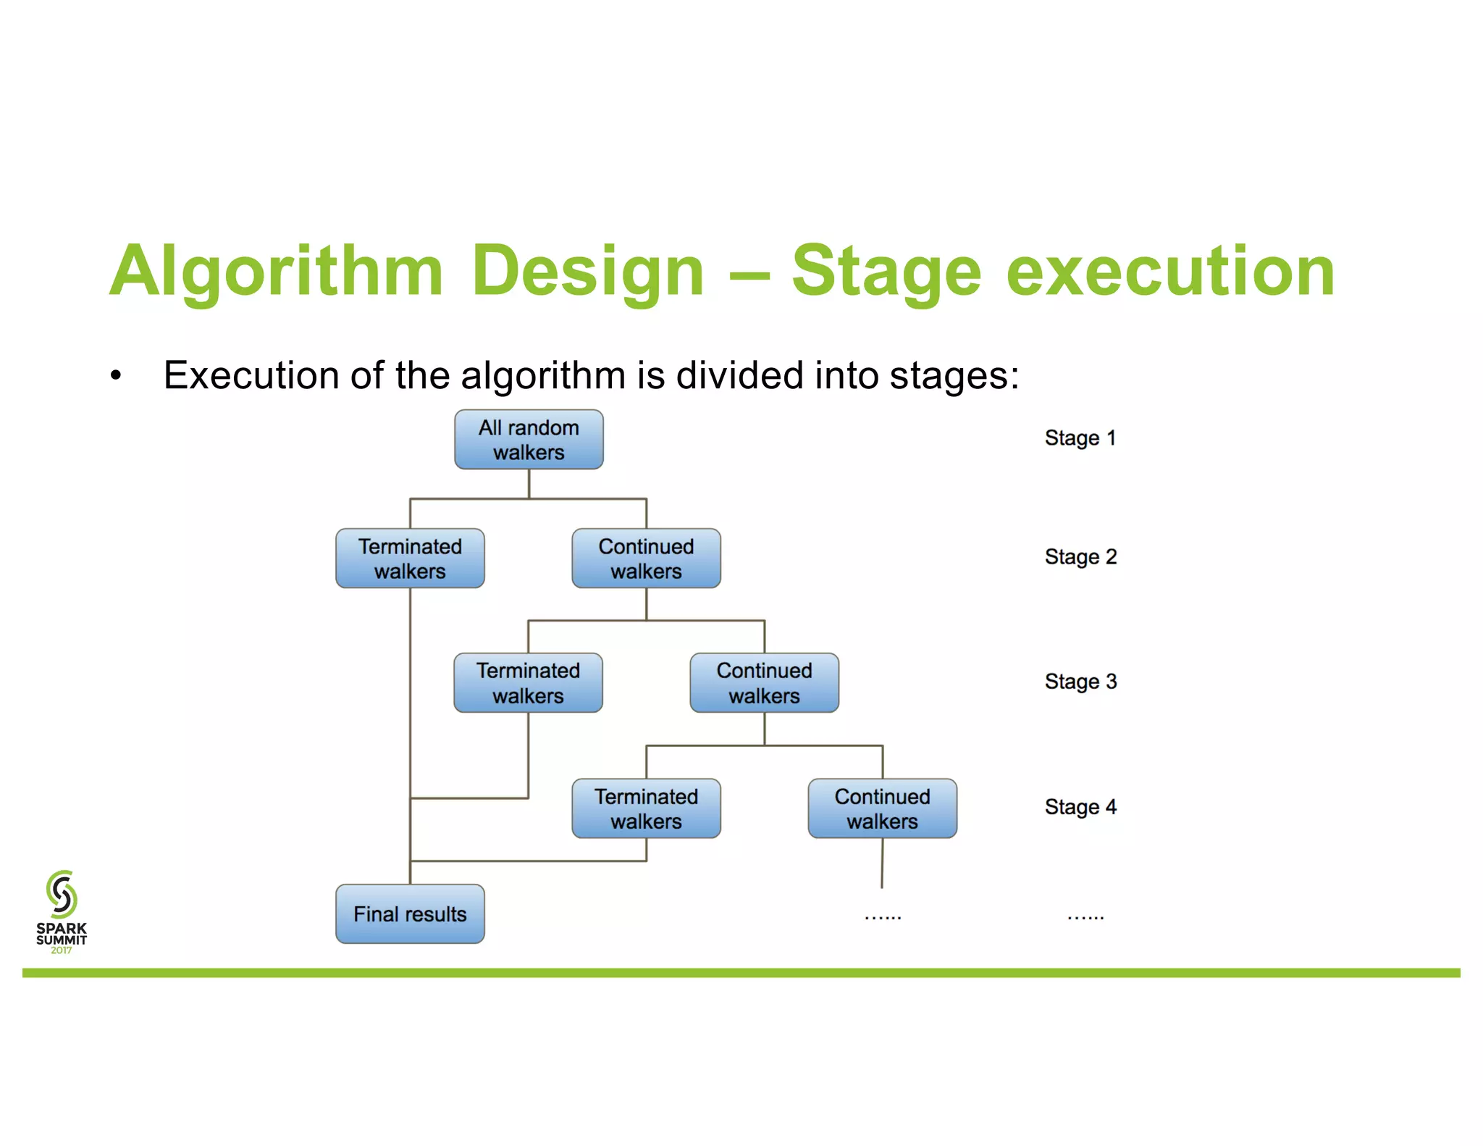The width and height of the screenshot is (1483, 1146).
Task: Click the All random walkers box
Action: pyautogui.click(x=529, y=440)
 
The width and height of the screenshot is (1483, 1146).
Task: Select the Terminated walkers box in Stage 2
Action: pyautogui.click(x=410, y=559)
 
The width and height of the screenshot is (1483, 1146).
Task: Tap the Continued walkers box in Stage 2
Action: pyautogui.click(x=646, y=559)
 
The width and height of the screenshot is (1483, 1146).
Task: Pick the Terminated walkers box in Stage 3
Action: pyautogui.click(x=528, y=683)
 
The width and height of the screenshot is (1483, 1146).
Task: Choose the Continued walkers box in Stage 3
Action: pyautogui.click(x=764, y=683)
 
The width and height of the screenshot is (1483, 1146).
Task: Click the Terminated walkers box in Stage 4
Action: pyautogui.click(x=646, y=808)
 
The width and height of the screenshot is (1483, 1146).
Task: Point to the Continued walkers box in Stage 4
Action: pyautogui.click(x=882, y=808)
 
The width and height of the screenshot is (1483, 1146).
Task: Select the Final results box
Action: pyautogui.click(x=410, y=914)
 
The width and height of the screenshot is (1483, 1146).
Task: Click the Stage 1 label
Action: pyautogui.click(x=1080, y=438)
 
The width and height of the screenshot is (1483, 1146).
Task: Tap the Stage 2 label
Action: pyautogui.click(x=1080, y=557)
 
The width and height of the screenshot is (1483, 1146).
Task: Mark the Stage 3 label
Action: pyautogui.click(x=1080, y=682)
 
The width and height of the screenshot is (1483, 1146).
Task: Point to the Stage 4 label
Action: pyautogui.click(x=1080, y=807)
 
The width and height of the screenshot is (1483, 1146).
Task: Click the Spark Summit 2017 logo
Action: pyautogui.click(x=62, y=911)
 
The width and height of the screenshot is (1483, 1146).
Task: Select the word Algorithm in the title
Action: pyautogui.click(x=276, y=272)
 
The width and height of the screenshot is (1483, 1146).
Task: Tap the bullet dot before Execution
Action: pyautogui.click(x=116, y=376)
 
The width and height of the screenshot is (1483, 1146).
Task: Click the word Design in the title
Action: pyautogui.click(x=587, y=272)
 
